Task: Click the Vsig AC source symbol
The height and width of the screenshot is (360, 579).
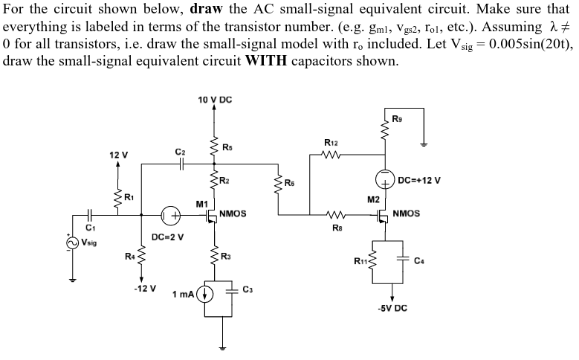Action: pyautogui.click(x=73, y=242)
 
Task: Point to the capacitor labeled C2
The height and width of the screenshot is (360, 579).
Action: pyautogui.click(x=179, y=167)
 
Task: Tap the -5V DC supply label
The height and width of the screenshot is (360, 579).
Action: pyautogui.click(x=391, y=307)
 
